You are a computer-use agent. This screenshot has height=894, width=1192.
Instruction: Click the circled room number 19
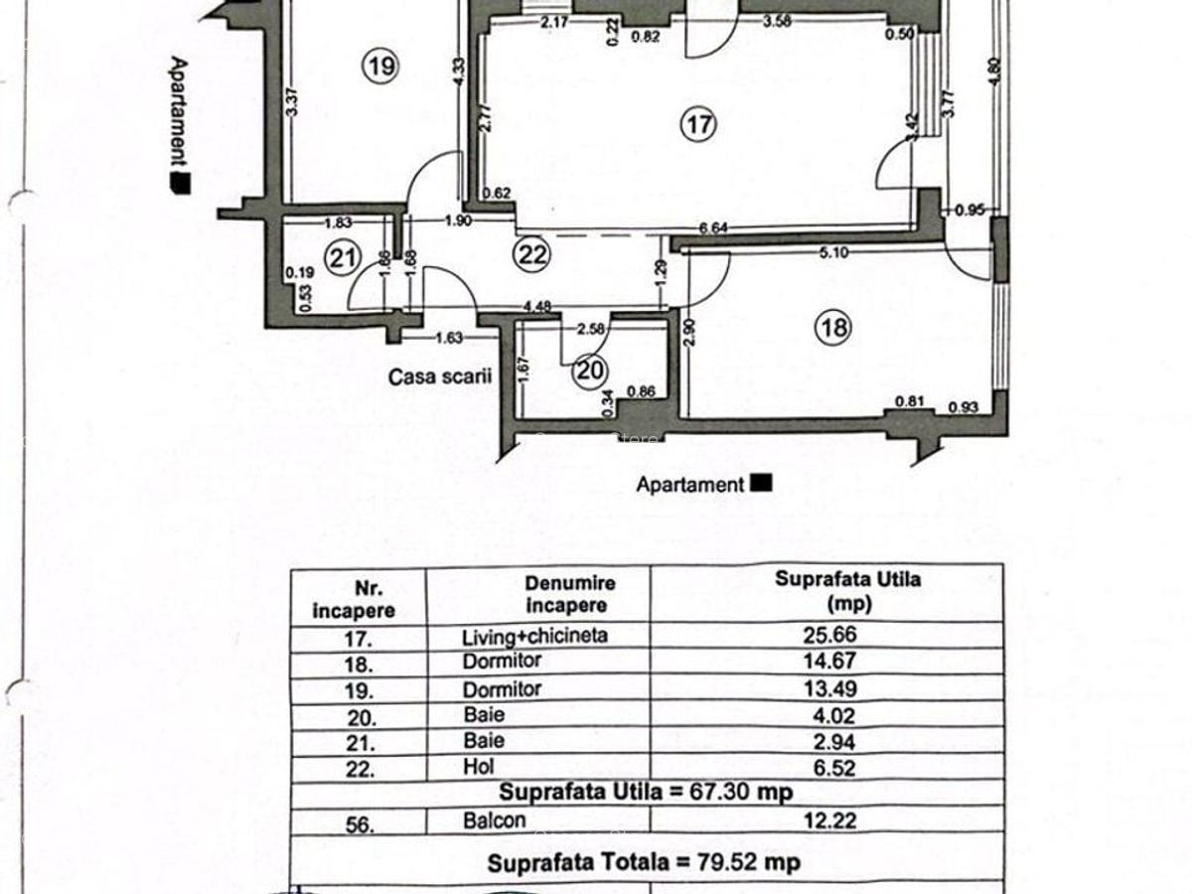[x=379, y=67]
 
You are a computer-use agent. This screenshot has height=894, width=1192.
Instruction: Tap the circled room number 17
[x=697, y=124]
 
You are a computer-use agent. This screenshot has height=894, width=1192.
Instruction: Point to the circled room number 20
[x=590, y=371]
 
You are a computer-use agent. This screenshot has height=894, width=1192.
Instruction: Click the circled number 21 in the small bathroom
[x=343, y=259]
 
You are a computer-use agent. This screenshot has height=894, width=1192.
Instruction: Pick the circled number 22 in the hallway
[x=531, y=255]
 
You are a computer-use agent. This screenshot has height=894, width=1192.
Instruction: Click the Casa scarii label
[x=427, y=377]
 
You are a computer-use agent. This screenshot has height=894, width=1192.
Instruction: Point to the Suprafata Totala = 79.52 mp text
[x=644, y=862]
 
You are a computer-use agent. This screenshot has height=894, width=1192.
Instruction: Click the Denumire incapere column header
[x=570, y=594]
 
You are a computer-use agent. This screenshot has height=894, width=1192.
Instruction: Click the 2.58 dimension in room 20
[x=591, y=328]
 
